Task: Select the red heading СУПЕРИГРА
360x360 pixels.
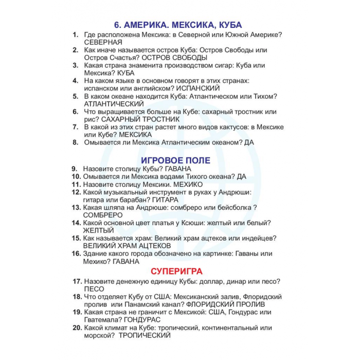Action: coord(176,271)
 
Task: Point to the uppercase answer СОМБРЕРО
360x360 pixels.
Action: coord(103,215)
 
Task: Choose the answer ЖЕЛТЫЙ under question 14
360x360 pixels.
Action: coord(98,230)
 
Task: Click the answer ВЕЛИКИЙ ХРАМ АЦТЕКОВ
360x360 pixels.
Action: coord(127,246)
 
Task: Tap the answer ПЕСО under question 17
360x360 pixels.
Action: coord(94,289)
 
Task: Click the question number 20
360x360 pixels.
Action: coord(77,328)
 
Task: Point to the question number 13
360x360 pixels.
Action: coord(77,207)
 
